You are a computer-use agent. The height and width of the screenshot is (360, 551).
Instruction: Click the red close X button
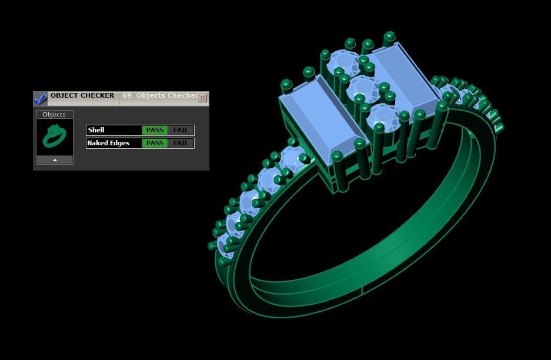click(203, 98)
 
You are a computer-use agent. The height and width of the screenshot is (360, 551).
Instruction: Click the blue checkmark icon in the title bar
click(40, 98)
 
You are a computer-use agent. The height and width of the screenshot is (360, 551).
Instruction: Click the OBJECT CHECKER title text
click(82, 95)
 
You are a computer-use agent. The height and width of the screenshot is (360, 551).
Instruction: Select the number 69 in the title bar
click(126, 95)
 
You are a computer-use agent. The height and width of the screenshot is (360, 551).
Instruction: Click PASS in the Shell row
click(155, 130)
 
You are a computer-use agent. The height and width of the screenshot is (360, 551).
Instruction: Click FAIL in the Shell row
click(181, 130)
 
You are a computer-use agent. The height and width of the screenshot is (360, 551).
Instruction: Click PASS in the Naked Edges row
click(155, 143)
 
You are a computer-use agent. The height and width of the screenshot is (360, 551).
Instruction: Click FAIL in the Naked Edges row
click(181, 143)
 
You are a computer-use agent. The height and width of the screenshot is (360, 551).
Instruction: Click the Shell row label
click(96, 130)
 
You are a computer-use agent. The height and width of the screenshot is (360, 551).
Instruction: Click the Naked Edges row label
click(108, 143)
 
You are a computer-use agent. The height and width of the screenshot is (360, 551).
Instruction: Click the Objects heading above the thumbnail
click(54, 114)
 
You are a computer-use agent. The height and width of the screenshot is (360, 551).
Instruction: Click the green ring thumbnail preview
click(54, 136)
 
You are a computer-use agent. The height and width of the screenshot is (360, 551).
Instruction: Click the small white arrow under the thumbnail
click(55, 160)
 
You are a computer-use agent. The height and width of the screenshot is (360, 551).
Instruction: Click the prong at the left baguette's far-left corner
click(286, 85)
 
